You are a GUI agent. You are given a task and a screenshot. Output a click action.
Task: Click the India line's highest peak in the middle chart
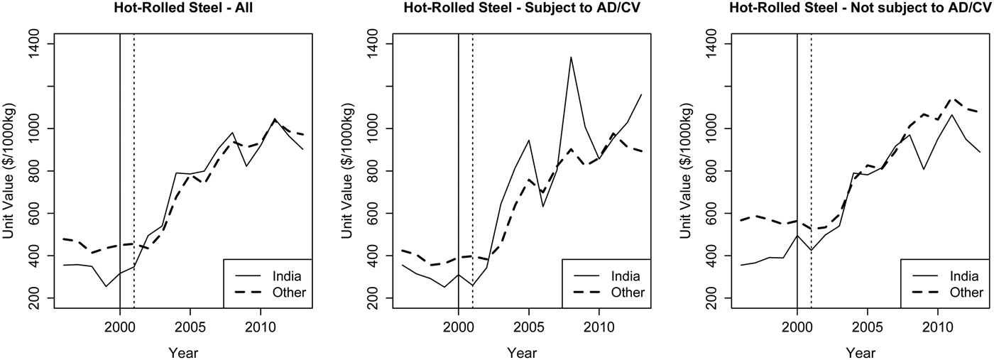click(571, 57)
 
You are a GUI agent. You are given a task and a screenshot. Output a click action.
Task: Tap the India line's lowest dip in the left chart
click(106, 287)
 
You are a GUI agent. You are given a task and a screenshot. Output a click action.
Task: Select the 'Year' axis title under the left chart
click(183, 352)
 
